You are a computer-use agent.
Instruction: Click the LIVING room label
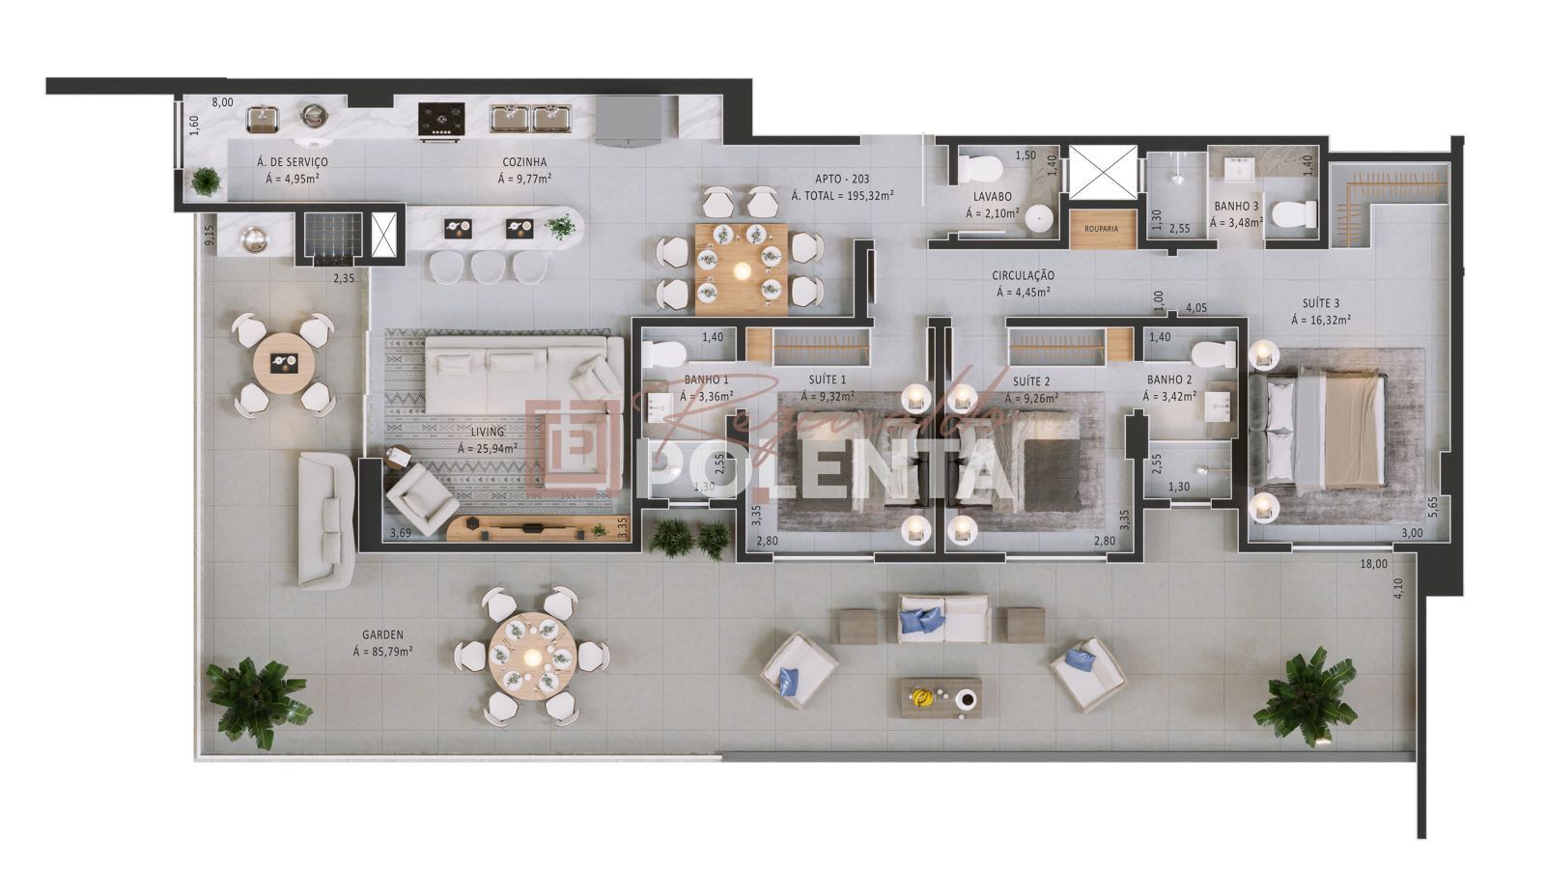(487, 432)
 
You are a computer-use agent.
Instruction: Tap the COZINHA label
(524, 162)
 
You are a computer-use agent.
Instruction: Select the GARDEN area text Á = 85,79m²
(383, 652)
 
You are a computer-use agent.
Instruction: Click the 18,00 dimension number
(1373, 564)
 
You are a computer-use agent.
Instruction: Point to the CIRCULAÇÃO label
(1023, 276)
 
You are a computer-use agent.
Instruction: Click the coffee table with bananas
(941, 697)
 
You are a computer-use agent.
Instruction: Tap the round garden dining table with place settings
(531, 657)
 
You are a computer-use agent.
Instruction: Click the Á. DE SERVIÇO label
(293, 162)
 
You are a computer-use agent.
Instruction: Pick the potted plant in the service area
(205, 180)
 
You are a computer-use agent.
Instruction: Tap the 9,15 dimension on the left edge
(209, 236)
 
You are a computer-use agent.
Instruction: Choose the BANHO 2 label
(1169, 380)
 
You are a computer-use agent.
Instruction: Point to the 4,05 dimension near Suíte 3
(1195, 309)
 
